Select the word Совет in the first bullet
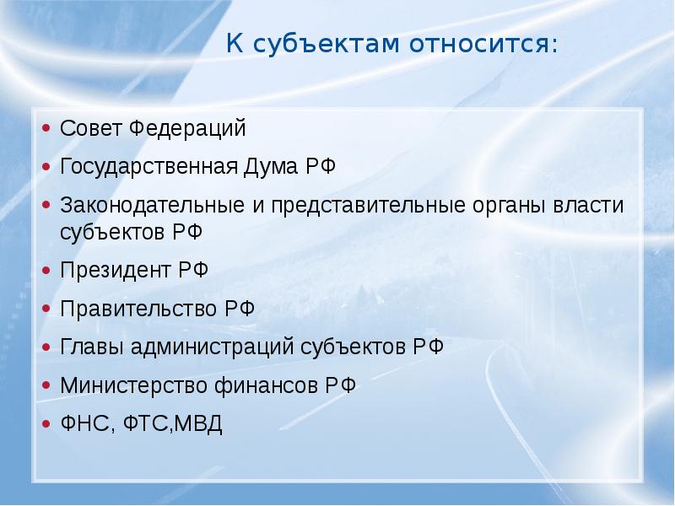[x=91, y=128]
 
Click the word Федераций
[x=187, y=129]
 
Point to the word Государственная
[x=149, y=167]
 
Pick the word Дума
[x=271, y=166]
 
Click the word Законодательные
[x=153, y=206]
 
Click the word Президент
[x=116, y=271]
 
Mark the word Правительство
[x=138, y=309]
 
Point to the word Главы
[x=92, y=347]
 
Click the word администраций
[x=212, y=347]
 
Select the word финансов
[x=267, y=385]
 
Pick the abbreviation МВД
[x=198, y=424]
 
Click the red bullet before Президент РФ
[x=46, y=271]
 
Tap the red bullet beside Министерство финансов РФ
[x=46, y=385]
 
